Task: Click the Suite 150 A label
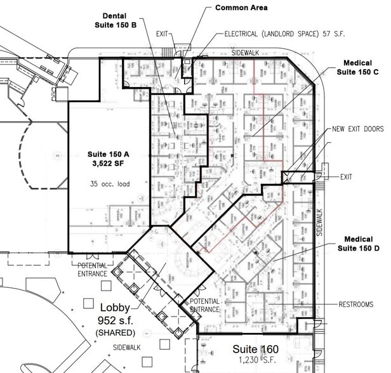108,154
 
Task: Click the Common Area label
241,8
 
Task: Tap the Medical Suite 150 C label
361,68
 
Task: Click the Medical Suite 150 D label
361,244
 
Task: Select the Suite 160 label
255,350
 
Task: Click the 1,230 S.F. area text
255,362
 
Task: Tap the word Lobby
113,306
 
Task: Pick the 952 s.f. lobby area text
114,320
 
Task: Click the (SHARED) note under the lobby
114,333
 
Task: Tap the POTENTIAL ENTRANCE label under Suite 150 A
93,268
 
